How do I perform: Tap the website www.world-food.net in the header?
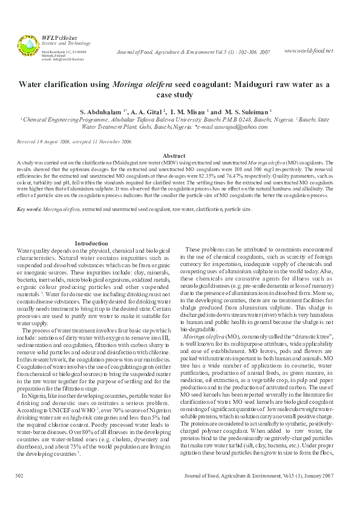click(308, 50)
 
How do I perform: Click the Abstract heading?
click(174, 156)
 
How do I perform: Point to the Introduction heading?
click(91, 243)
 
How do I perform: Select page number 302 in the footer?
click(19, 494)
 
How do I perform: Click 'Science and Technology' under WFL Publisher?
click(65, 44)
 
